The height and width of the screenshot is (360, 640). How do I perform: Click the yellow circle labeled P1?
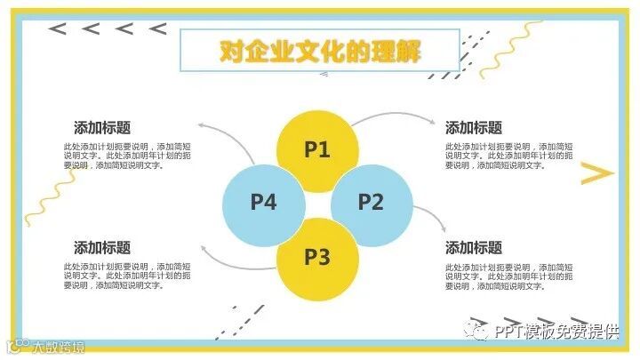[x=317, y=148]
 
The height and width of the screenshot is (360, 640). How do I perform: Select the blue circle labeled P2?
[x=371, y=202]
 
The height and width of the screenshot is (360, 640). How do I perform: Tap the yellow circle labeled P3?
[x=317, y=258]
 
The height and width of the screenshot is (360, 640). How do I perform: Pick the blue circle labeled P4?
[x=263, y=202]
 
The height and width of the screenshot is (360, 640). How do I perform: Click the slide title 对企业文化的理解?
[x=320, y=51]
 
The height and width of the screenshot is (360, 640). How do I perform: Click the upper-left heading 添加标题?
[x=102, y=128]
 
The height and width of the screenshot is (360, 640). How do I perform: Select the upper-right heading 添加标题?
[x=474, y=128]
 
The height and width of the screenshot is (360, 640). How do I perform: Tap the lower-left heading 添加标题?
[x=102, y=248]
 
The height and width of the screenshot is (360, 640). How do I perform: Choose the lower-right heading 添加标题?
[x=474, y=248]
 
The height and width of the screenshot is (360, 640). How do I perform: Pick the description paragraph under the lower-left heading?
[x=126, y=276]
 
